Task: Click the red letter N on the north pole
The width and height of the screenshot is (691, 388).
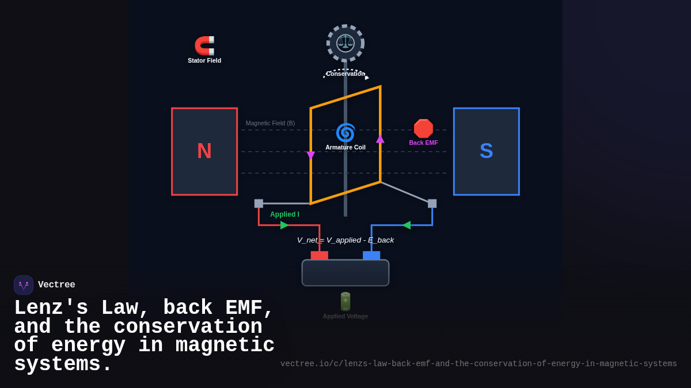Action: point(204,151)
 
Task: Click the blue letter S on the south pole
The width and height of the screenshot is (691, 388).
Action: point(486,151)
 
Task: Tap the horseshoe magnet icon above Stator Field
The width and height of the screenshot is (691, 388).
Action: point(204,45)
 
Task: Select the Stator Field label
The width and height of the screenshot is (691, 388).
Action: point(204,60)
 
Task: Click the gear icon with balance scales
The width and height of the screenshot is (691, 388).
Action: point(345,43)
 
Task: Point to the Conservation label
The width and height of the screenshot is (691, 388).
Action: point(345,74)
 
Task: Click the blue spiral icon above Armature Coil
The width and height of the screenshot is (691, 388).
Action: point(345,132)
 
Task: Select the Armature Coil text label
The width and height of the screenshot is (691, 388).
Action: point(345,147)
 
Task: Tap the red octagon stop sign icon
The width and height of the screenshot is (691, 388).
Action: point(423,129)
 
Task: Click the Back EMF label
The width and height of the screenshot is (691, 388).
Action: point(423,143)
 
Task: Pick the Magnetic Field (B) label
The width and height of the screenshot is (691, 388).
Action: point(270,123)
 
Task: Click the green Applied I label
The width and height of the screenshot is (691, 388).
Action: point(284,214)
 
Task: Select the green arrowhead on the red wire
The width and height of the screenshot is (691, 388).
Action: point(284,225)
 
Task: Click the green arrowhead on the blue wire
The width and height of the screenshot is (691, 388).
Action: point(406,225)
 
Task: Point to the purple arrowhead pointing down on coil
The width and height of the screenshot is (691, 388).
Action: point(311,155)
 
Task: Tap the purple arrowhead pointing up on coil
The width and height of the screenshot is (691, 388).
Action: point(380,139)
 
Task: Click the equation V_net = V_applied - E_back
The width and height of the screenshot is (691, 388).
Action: point(345,240)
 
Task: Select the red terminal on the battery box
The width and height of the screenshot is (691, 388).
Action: point(320,255)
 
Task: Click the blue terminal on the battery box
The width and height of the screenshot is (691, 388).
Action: point(371,255)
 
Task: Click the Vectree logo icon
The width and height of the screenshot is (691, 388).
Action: point(24,285)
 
